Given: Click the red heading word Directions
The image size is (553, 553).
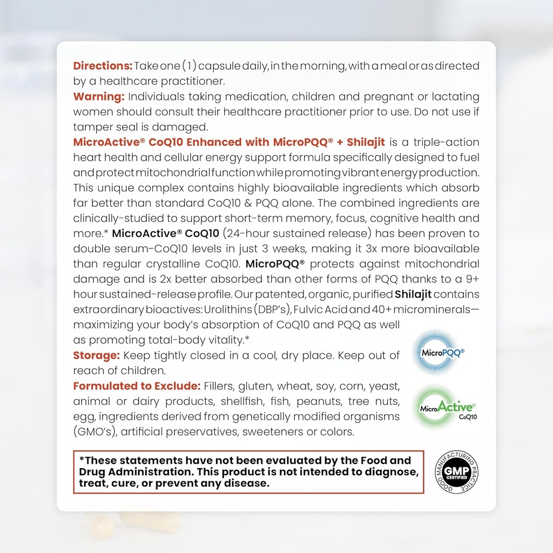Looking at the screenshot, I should tap(103, 66).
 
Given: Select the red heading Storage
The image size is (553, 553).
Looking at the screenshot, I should tap(96, 355).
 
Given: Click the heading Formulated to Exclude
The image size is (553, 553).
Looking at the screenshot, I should tap(137, 386).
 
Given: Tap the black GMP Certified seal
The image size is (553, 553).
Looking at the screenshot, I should tap(457, 472).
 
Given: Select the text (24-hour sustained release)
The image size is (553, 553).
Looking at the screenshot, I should tap(297, 234).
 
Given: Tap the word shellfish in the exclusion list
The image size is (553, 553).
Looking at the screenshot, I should tap(234, 402).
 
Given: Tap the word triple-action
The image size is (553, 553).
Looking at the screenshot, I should tap(446, 143).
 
